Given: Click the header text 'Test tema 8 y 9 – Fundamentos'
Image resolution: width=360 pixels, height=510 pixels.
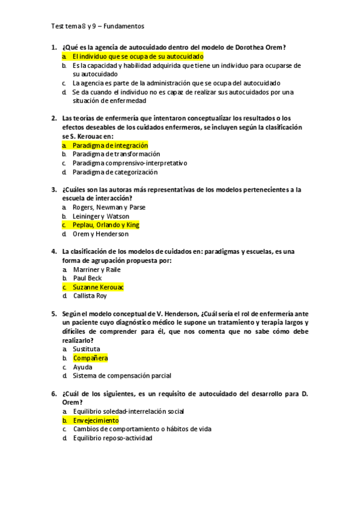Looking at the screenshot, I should tap(98, 26).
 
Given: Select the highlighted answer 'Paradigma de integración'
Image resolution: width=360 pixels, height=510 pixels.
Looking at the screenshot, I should tap(110, 146).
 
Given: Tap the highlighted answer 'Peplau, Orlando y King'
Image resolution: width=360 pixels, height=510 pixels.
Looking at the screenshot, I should tap(106, 225).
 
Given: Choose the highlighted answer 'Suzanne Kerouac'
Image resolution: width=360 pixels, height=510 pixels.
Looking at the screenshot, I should tap(98, 287).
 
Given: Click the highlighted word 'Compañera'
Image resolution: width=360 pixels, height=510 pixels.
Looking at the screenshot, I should tap(90, 358).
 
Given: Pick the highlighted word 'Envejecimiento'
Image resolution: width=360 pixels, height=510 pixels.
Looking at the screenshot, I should tap(96, 420).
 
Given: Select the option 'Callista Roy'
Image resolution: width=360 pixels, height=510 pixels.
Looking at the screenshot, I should tap(90, 296).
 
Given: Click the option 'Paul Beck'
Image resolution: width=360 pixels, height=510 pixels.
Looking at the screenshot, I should tap(87, 278).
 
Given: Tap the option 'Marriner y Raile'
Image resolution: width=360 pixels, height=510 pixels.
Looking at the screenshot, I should tap(96, 269).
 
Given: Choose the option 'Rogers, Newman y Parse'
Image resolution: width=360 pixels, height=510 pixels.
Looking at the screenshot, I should tap(109, 207).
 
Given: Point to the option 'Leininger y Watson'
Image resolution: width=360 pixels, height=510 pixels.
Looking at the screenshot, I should tap(100, 217).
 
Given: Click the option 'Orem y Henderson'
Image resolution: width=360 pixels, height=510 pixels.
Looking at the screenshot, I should tap(100, 234).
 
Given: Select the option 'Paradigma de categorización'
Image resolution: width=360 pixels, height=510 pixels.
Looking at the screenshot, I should tap(115, 172).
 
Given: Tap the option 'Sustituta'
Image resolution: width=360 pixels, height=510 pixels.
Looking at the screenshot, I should tap(87, 349).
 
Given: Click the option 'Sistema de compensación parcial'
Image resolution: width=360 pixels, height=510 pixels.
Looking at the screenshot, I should tap(122, 376).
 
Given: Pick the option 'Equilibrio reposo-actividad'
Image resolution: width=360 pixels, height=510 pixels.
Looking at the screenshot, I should tap(112, 438).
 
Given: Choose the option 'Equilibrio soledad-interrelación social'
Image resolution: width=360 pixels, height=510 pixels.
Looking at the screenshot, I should tap(128, 411).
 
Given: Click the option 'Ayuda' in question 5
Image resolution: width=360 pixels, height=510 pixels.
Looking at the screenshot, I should tap(82, 367).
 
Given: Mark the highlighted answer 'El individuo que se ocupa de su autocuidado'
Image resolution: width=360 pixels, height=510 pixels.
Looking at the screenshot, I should tap(138, 56).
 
